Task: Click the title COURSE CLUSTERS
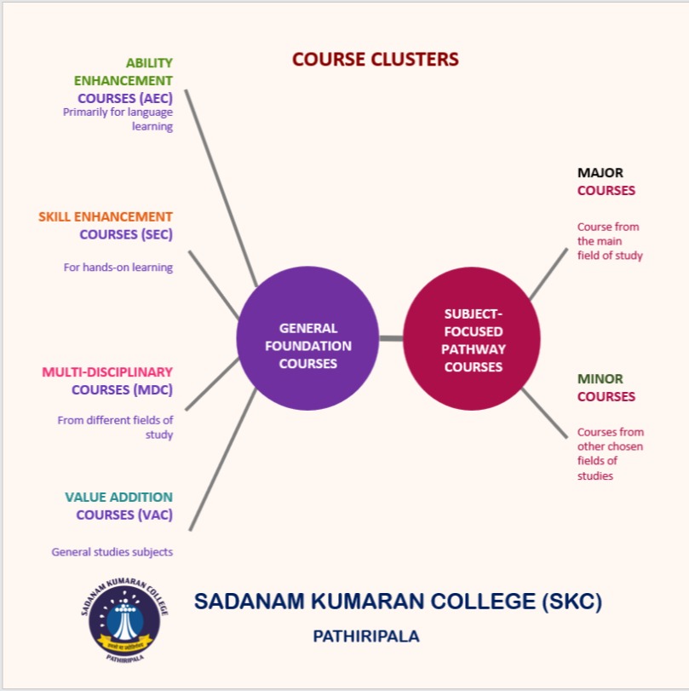(x=375, y=60)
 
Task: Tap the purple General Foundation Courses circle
(x=307, y=339)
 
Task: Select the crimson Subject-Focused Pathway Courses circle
(x=472, y=339)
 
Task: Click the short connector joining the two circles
(x=390, y=339)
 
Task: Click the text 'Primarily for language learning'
(x=118, y=118)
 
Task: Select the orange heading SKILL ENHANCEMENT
(x=106, y=216)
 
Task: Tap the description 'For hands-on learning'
(x=118, y=267)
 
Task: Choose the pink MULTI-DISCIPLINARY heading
(x=107, y=371)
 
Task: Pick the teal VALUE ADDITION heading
(x=118, y=497)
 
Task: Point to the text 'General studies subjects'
(x=112, y=551)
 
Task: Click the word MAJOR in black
(x=600, y=173)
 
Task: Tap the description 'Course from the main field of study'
(x=609, y=240)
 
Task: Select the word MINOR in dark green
(x=600, y=378)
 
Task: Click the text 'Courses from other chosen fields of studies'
(x=610, y=453)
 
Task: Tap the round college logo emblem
(x=125, y=618)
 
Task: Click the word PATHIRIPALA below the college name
(x=366, y=636)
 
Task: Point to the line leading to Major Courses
(x=548, y=274)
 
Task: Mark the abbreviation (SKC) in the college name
(x=571, y=601)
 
